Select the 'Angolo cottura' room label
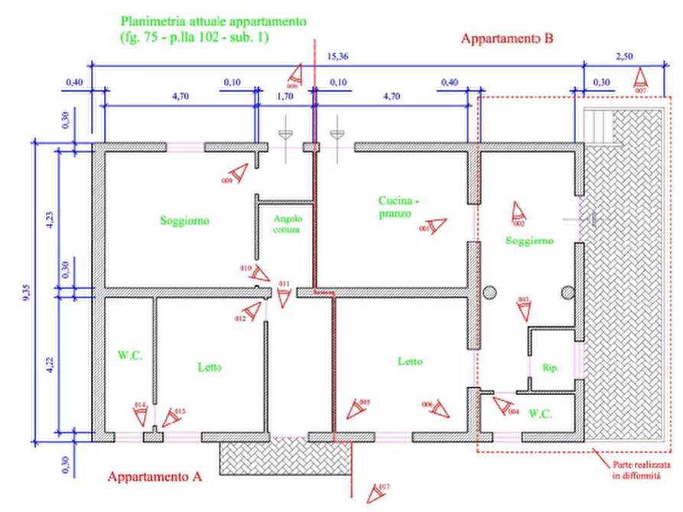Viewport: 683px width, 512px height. (x=288, y=223)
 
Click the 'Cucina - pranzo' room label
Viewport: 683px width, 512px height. (x=398, y=207)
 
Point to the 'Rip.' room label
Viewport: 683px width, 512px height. (x=551, y=368)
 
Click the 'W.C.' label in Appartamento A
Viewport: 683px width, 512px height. (x=127, y=355)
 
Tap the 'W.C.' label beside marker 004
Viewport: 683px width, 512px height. (x=541, y=413)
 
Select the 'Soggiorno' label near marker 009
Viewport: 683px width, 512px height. (x=184, y=221)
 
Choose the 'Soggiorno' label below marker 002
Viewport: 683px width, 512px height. (x=529, y=241)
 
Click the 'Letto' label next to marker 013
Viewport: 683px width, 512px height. (x=210, y=368)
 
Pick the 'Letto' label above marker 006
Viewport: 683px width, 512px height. (x=410, y=361)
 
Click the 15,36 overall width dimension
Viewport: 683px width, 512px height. (x=337, y=56)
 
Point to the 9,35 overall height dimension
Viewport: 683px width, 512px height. (x=25, y=292)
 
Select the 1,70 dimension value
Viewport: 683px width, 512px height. (x=284, y=97)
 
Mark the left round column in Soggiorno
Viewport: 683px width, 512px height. (x=489, y=291)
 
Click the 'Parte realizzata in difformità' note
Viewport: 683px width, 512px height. (x=641, y=469)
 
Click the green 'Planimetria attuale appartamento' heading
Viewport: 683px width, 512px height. (x=213, y=22)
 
